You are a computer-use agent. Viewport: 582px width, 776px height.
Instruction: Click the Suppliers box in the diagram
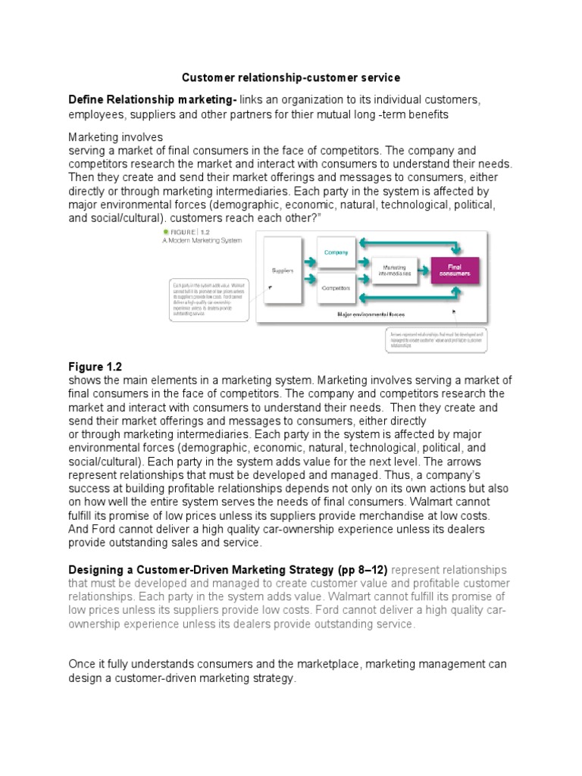coord(282,269)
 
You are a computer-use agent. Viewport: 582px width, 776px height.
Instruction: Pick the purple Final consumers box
coord(455,270)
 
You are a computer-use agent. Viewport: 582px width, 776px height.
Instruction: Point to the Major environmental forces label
coord(371,312)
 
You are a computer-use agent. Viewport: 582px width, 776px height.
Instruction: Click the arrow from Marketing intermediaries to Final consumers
coord(423,270)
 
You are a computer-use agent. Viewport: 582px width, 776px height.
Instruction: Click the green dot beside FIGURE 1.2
coord(165,231)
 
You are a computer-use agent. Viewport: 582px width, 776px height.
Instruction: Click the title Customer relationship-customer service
coord(291,77)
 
